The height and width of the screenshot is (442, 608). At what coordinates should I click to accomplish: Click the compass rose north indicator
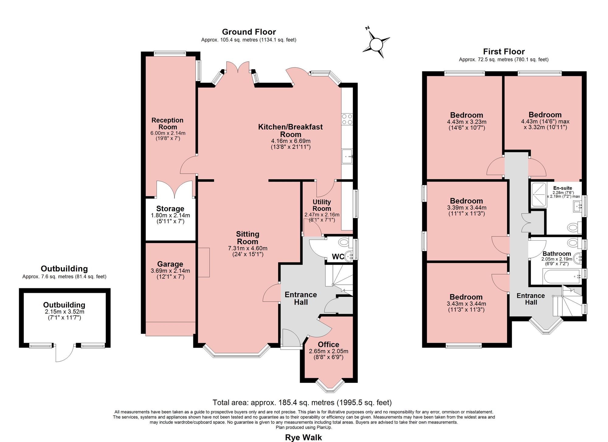(x=376, y=44)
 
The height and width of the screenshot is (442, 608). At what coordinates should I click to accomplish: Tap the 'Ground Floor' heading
(x=249, y=32)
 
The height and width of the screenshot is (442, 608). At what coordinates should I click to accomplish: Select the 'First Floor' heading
(x=504, y=52)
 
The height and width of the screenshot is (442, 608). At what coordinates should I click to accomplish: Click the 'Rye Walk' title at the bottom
(x=303, y=437)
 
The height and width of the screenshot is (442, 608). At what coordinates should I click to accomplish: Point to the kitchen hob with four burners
(x=347, y=119)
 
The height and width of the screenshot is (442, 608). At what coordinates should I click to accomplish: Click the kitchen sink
(x=347, y=156)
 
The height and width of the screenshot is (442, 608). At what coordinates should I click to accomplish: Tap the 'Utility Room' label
(x=322, y=205)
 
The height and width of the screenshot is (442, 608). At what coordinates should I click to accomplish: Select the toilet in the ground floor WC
(x=345, y=242)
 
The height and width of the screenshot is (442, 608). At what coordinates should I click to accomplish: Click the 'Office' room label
(x=328, y=344)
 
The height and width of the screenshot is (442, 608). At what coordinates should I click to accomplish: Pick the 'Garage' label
(x=170, y=264)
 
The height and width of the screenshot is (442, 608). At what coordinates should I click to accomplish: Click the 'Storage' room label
(x=170, y=209)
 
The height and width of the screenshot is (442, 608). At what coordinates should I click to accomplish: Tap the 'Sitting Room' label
(x=248, y=238)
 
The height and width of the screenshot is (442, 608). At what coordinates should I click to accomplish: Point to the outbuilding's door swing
(x=64, y=353)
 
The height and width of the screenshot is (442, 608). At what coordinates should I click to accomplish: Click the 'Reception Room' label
(x=168, y=124)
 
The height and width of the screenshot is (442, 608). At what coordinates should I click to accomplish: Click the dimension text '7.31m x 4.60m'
(x=248, y=248)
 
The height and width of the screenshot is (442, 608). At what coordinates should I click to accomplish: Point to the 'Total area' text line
(x=302, y=403)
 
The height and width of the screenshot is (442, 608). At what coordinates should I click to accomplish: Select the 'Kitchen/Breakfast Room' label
(x=290, y=131)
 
